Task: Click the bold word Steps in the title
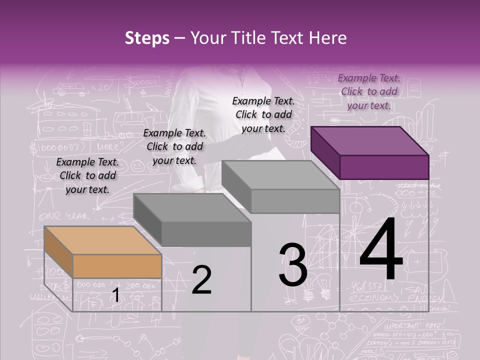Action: (x=147, y=38)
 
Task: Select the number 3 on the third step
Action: (x=293, y=265)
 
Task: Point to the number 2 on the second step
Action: (x=201, y=280)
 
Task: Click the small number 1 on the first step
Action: (x=115, y=295)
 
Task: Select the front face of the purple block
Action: (x=384, y=167)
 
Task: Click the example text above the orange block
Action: (x=87, y=175)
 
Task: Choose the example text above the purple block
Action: (x=369, y=91)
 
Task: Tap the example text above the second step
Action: (x=174, y=146)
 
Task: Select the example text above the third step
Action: (x=263, y=114)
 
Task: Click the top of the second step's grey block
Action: (x=192, y=208)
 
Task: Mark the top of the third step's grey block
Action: (x=280, y=175)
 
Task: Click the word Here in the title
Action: (x=328, y=38)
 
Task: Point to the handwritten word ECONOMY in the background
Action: (x=370, y=297)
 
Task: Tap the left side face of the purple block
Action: (x=325, y=152)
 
